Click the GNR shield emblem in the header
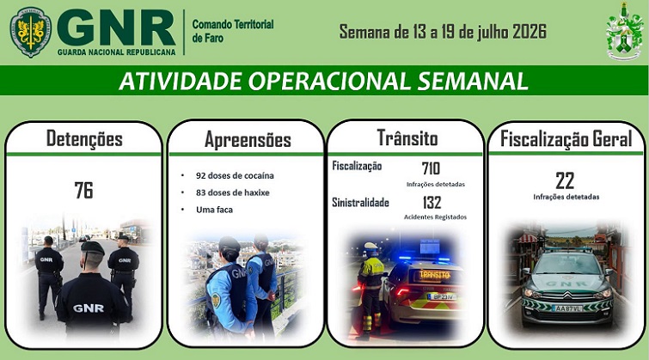tap(31, 32)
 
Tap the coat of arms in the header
tap(624, 32)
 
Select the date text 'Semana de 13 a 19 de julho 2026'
tap(443, 32)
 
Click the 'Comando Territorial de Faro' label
tap(233, 31)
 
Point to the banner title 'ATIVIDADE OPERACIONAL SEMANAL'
tap(324, 81)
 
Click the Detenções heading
tap(84, 138)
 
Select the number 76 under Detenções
tap(83, 190)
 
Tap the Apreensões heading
tap(248, 140)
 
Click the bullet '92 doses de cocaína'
tap(235, 175)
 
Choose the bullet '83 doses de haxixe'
tap(233, 192)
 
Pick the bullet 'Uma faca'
tap(214, 210)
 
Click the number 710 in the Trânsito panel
tap(431, 168)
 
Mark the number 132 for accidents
tap(432, 203)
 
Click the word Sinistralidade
tap(360, 203)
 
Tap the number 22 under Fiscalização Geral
tap(565, 180)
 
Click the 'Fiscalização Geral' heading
tap(566, 138)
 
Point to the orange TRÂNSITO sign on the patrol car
tap(435, 275)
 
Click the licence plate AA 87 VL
tap(567, 308)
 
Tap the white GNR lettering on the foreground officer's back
tap(89, 308)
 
